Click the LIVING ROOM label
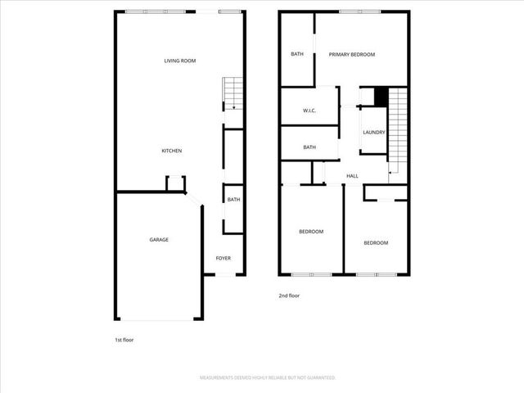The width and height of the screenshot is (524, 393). (180, 61)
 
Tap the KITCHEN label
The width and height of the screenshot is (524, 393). (171, 151)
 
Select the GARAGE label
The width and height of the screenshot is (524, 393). (159, 240)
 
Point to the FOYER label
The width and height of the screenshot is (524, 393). (223, 259)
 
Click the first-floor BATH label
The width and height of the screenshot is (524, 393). (233, 200)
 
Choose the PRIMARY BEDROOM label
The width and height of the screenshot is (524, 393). (352, 55)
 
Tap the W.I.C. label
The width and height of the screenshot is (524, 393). (309, 111)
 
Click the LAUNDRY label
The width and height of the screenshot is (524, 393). (374, 133)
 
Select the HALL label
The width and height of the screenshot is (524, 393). (353, 176)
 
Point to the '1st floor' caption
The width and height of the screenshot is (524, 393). (123, 338)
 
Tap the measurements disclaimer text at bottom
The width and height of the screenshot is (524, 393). (268, 377)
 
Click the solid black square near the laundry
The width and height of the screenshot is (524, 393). (381, 96)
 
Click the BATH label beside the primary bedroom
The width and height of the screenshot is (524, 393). (297, 55)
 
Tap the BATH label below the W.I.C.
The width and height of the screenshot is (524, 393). (309, 147)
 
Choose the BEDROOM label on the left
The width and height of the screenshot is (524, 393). (311, 232)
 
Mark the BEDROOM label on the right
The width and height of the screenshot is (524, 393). (376, 243)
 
